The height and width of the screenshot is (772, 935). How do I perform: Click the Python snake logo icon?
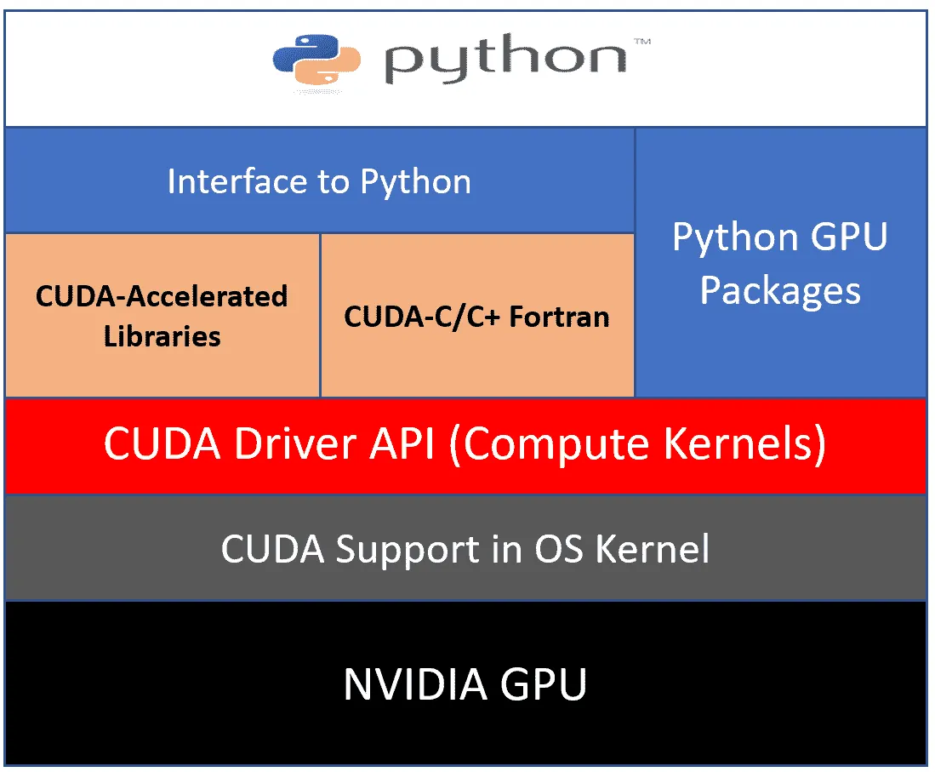316,60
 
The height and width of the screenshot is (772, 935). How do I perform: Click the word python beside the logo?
505,59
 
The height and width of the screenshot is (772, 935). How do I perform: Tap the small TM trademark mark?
642,41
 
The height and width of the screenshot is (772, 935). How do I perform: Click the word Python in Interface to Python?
416,183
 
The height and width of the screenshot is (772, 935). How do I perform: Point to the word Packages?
780,292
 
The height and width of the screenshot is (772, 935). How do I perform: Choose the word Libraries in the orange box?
162,336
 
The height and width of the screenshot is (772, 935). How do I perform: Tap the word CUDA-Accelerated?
162,296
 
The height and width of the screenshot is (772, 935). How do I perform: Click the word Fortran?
559,317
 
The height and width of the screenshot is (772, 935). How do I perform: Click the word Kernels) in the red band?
744,444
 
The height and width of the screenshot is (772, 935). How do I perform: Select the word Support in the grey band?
408,550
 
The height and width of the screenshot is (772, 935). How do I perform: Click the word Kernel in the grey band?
653,548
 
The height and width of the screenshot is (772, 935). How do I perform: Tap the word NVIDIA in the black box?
415,683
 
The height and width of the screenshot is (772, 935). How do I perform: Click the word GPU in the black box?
544,683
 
